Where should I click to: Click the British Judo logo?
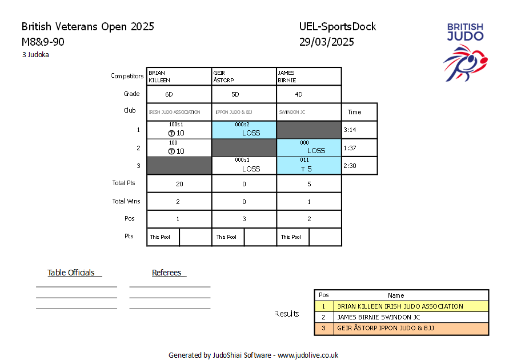[x=465, y=52]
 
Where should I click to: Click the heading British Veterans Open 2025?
[x=87, y=27]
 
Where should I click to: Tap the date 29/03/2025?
[x=327, y=42]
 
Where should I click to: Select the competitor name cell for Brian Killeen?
[x=179, y=76]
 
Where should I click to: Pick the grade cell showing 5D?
[x=244, y=94]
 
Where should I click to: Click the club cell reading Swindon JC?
[x=309, y=112]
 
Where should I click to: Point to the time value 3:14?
[x=350, y=130]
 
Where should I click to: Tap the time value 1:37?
[x=350, y=148]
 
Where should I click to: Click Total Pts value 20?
[x=179, y=184]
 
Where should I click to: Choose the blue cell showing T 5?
[x=309, y=166]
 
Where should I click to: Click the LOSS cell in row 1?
[x=244, y=130]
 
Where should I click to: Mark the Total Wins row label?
[x=126, y=201]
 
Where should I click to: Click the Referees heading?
[x=167, y=273]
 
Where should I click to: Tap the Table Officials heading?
[x=71, y=273]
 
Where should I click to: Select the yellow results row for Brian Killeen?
[x=402, y=306]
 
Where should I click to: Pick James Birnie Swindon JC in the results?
[x=379, y=317]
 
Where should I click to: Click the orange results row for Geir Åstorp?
[x=402, y=328]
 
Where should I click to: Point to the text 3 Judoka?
[x=35, y=54]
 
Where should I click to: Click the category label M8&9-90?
[x=43, y=42]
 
